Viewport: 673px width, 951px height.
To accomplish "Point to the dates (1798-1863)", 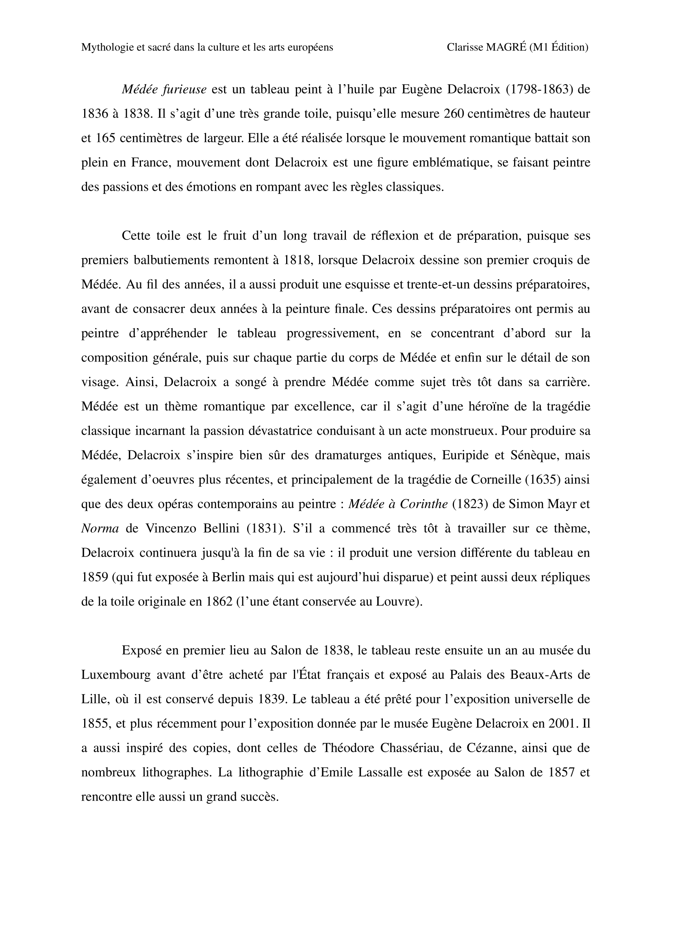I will (x=539, y=89).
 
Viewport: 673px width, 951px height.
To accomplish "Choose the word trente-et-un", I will (x=433, y=285).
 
